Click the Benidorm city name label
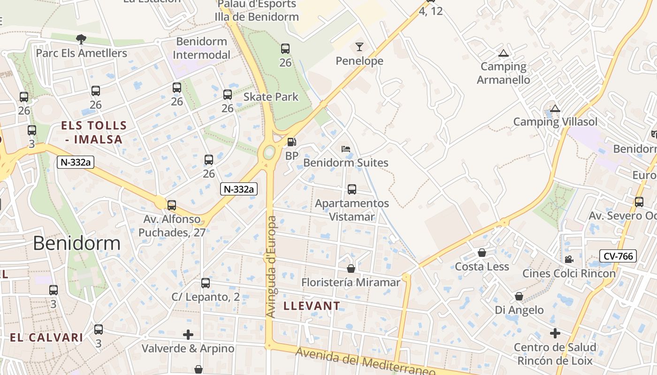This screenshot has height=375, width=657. [x=77, y=243]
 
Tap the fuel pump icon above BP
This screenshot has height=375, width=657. [x=291, y=141]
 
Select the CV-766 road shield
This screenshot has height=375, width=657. [x=618, y=256]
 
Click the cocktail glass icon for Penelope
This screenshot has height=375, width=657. [x=359, y=46]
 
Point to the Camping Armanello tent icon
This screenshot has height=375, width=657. [x=504, y=53]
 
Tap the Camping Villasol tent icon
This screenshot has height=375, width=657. [x=555, y=109]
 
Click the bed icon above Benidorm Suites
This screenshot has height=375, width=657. [x=346, y=149]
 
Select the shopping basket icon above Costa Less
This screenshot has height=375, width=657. [x=481, y=253]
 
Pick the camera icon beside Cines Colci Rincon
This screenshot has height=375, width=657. [x=569, y=259]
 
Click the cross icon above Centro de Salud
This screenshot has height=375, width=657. [x=555, y=333]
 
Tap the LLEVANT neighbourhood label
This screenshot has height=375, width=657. [x=312, y=306]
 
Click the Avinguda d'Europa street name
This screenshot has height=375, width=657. [x=271, y=266]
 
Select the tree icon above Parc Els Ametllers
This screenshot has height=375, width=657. [x=81, y=38]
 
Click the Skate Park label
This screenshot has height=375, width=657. [x=271, y=97]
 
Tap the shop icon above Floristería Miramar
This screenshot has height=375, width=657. [x=351, y=269]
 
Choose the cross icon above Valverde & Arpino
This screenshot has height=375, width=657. [x=188, y=335]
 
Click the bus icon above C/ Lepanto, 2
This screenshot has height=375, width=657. [x=206, y=283]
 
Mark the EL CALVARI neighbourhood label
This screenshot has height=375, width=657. [x=46, y=337]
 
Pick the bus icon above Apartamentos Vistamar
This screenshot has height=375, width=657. [x=352, y=189]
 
